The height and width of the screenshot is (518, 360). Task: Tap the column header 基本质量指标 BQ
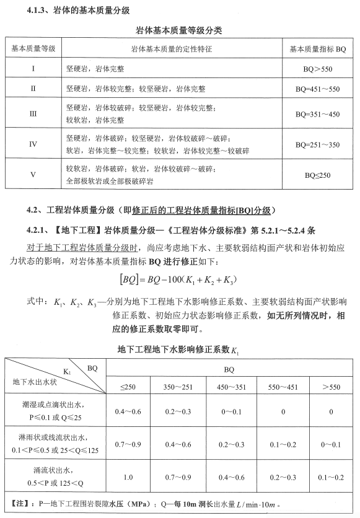pos(317,48)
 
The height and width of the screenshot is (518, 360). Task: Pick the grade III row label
pos(33,114)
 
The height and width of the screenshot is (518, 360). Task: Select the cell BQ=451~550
pos(317,89)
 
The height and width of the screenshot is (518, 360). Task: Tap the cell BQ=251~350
pos(317,144)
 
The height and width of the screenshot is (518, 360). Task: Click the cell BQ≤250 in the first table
pos(317,175)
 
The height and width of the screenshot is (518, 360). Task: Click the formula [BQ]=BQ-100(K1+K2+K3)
pos(180,280)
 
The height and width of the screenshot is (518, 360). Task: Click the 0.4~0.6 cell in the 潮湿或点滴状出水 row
pos(128,411)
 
